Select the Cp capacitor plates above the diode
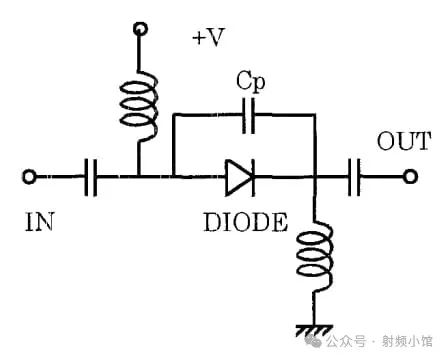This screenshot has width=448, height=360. (252, 116)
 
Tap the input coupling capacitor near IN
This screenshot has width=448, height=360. (91, 178)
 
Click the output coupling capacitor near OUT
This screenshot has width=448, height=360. (356, 178)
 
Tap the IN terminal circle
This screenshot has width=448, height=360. (30, 178)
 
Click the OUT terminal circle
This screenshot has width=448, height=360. (410, 178)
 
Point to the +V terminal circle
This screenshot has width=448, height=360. (139, 30)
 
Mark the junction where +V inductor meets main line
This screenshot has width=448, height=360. (139, 178)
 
